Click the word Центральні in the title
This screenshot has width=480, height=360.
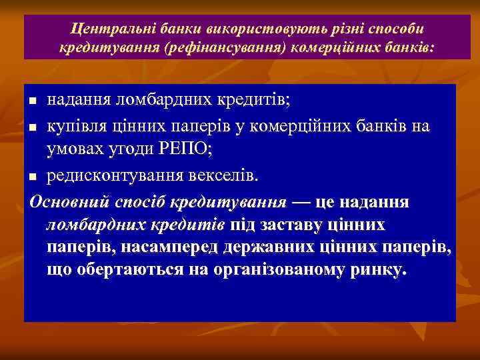(103, 31)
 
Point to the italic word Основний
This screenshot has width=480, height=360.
(64, 201)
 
